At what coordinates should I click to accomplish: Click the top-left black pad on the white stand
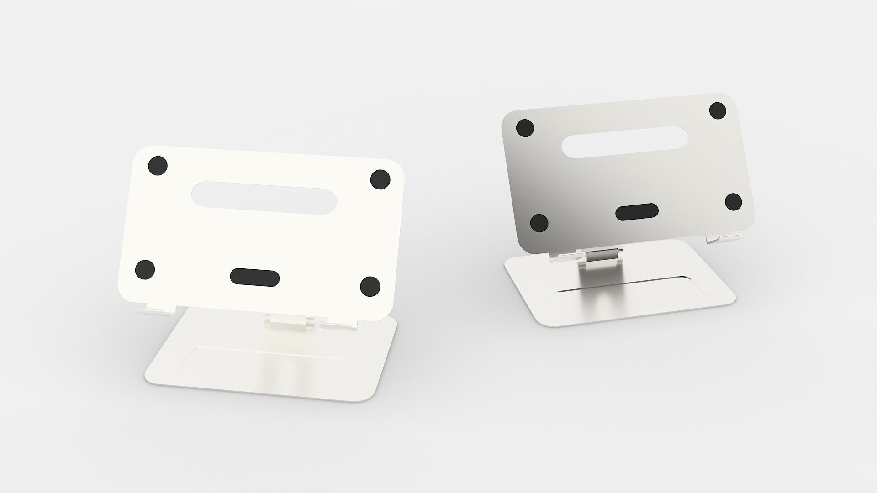tap(158, 165)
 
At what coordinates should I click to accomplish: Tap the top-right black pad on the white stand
tap(380, 179)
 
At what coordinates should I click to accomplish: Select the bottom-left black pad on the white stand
tap(145, 269)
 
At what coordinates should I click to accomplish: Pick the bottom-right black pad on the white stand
tap(370, 286)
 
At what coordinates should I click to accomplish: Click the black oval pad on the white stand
tap(254, 277)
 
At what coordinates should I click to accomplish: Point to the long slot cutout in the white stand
tap(264, 198)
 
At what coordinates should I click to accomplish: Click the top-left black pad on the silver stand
tap(525, 128)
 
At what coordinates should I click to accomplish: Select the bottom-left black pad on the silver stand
tap(539, 223)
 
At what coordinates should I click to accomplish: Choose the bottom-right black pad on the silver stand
tap(733, 202)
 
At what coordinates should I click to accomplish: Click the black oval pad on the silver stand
tap(637, 212)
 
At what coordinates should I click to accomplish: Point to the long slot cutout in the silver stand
tap(627, 142)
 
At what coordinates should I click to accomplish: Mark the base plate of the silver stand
tap(639, 301)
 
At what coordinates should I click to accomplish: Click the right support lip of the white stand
tap(338, 325)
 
